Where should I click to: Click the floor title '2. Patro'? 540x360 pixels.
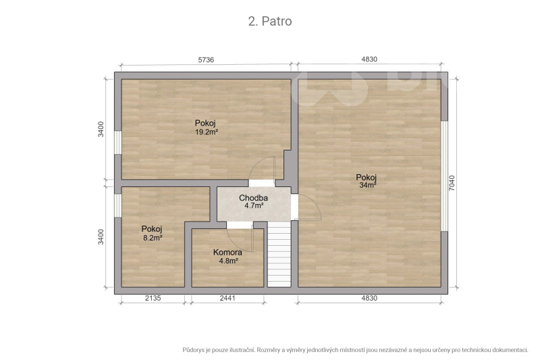(x=270, y=22)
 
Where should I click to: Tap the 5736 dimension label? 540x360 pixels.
(x=206, y=60)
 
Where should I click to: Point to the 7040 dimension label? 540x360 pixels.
(x=452, y=183)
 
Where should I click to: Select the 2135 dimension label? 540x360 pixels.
(x=153, y=298)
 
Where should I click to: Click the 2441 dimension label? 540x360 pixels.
(x=227, y=298)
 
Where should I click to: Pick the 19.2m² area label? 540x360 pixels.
(x=207, y=132)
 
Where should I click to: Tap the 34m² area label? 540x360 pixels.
(x=368, y=185)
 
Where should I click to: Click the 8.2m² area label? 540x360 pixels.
(x=153, y=237)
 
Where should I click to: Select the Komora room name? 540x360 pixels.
(x=227, y=252)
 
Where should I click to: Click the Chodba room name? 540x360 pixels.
(x=254, y=198)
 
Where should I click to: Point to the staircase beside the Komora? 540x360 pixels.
(x=279, y=254)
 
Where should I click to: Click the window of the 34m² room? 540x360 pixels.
(x=445, y=176)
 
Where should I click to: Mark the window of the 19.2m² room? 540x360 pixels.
(x=117, y=143)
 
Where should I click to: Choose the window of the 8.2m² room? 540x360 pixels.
(x=117, y=205)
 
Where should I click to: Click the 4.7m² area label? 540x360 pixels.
(x=254, y=205)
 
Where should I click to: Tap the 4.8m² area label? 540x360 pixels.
(x=229, y=261)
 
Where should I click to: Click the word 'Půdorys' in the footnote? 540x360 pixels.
(x=193, y=350)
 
